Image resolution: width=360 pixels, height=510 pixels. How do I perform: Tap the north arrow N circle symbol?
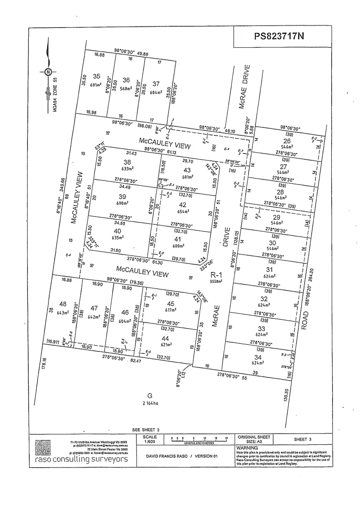(48, 72)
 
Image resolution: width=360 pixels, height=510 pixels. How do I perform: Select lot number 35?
(97, 76)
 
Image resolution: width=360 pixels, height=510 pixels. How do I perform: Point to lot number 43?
(187, 170)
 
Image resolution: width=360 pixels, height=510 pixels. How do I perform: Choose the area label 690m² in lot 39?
(123, 203)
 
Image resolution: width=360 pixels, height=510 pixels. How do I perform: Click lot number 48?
(63, 304)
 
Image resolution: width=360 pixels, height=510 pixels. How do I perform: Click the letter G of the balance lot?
(150, 395)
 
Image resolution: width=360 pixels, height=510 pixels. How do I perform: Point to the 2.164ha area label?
(150, 403)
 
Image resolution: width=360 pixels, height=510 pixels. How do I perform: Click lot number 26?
(286, 141)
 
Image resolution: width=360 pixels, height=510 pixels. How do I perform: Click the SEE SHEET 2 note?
(146, 430)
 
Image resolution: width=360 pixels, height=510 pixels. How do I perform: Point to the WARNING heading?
(247, 448)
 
